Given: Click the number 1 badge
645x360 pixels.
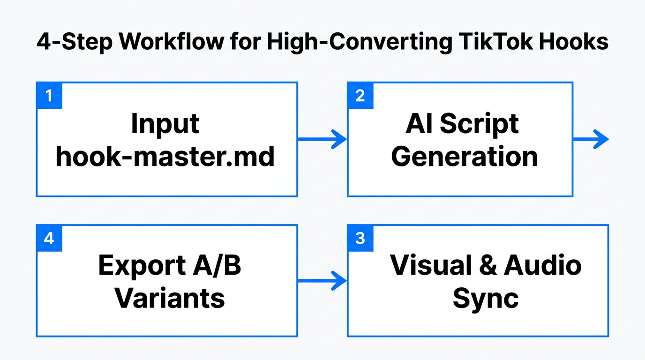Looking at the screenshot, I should click(49, 96).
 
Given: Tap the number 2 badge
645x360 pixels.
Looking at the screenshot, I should click(360, 96).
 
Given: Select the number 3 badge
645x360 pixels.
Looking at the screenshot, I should click(360, 238).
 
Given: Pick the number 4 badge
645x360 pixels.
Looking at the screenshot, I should click(49, 238).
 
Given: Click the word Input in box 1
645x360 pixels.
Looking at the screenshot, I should click(165, 124).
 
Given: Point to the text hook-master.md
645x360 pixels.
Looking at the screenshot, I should click(165, 157).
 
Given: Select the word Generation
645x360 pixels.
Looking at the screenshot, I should click(465, 157).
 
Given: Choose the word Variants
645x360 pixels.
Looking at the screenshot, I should click(170, 298).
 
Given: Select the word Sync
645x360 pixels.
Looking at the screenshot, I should click(486, 298).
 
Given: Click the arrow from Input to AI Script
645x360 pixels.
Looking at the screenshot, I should click(322, 139).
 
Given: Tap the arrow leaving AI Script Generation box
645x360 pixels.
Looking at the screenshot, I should click(591, 139).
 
